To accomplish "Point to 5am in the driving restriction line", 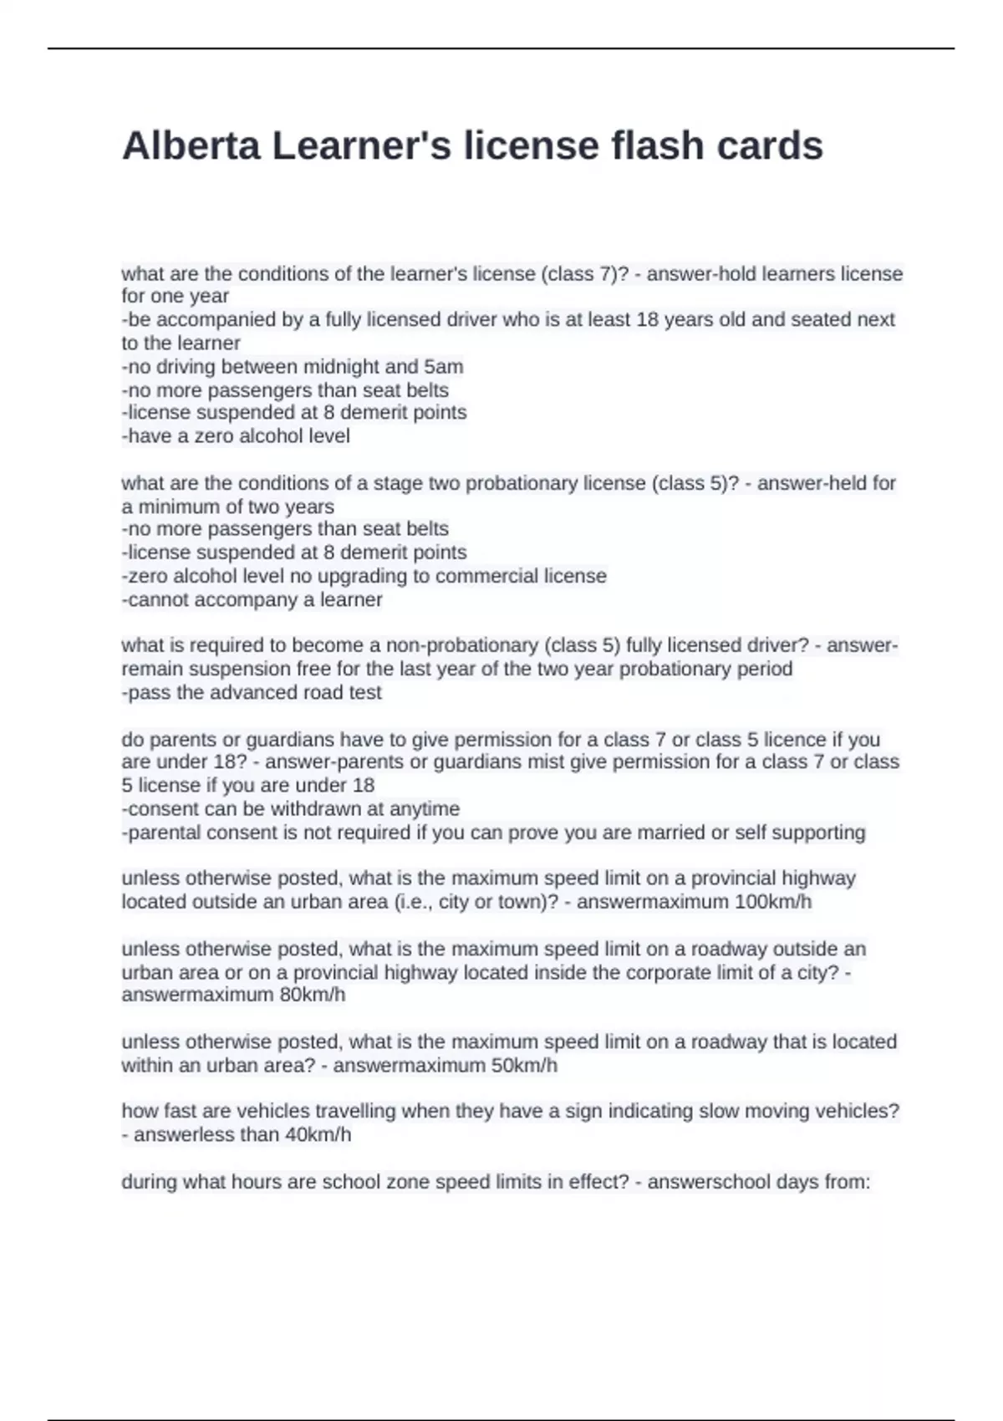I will (443, 367).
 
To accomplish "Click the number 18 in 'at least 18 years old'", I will (648, 319).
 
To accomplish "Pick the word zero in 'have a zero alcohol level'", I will (213, 436).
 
